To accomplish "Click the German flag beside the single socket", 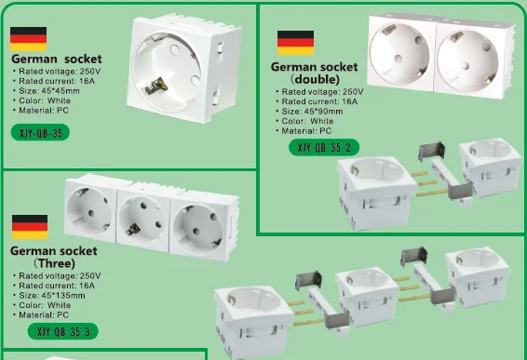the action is click(29, 38).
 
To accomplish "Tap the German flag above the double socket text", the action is click(295, 42).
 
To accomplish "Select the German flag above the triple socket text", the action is click(29, 227).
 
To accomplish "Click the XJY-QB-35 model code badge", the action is click(41, 133).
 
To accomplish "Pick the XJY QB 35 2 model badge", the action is click(324, 147).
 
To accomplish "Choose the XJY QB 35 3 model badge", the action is click(63, 331).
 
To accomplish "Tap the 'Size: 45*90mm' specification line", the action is click(317, 111).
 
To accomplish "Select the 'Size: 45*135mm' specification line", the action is click(54, 295).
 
